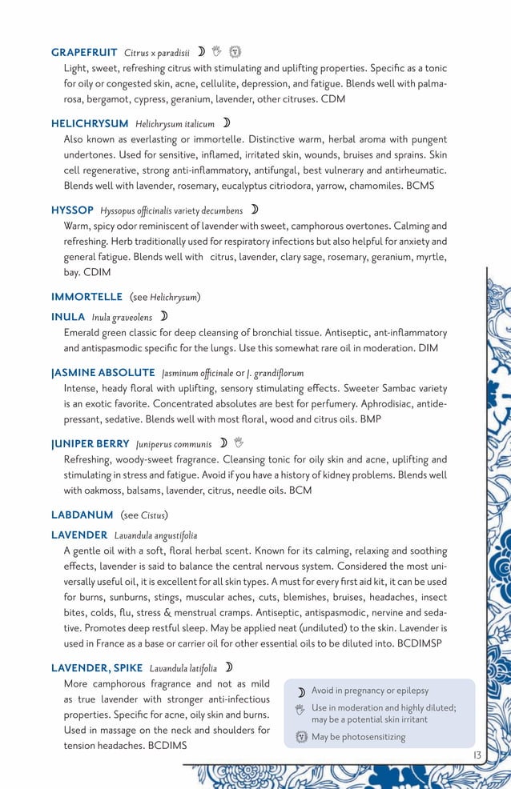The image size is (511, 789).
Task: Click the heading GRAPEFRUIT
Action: pos(84,53)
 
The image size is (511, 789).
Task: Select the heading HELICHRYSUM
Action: pos(90,124)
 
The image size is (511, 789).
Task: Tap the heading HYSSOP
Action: pos(72,210)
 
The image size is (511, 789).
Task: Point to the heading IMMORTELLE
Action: pos(87,297)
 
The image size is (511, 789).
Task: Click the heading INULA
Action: pos(68,317)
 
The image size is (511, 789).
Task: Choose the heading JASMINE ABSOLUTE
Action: pos(103,373)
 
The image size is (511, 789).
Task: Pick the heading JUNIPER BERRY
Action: pos(91,443)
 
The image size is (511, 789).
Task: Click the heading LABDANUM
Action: pos(82,514)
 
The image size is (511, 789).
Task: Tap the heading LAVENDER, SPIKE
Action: pos(97,667)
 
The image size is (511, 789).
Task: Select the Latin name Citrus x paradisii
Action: pos(157,54)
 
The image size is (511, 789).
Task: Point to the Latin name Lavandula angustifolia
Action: pos(155,535)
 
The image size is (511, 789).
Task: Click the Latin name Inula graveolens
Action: pos(122,318)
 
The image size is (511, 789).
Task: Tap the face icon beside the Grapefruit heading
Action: pos(235,53)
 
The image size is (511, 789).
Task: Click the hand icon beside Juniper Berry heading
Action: pos(239,443)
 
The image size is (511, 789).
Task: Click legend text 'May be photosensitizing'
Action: pos(358,737)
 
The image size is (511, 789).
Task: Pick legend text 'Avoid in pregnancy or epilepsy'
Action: pos(369,691)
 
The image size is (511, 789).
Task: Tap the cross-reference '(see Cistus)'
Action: pos(144,514)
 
